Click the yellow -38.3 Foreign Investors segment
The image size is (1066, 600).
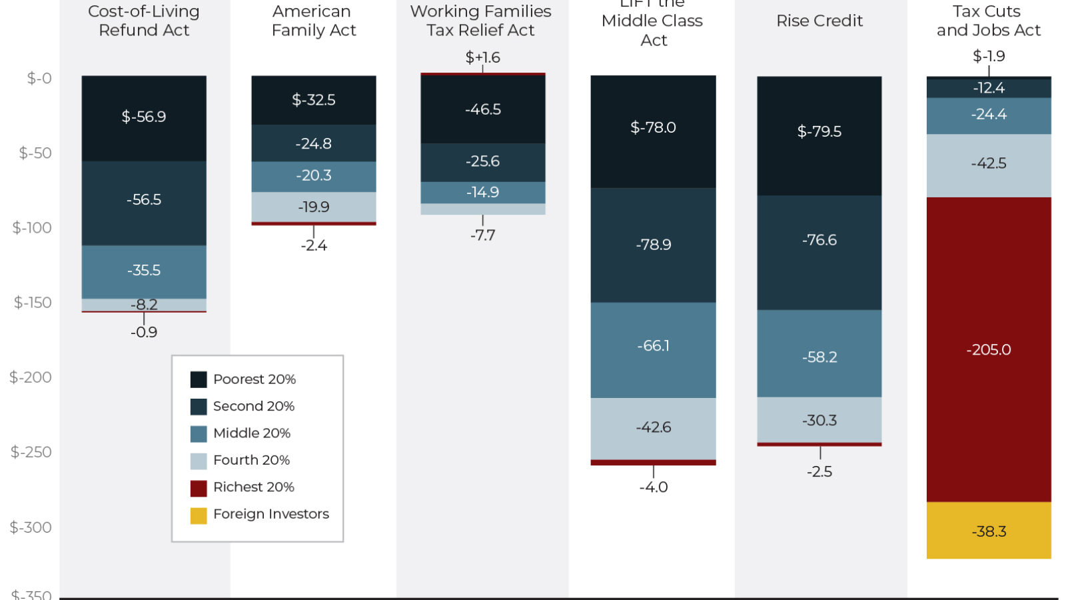[x=989, y=531]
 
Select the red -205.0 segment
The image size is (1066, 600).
[x=989, y=349]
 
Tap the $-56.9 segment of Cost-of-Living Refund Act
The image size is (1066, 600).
[x=144, y=117]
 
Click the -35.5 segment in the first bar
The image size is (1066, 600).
[x=144, y=271]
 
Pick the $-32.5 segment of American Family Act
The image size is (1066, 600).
[x=314, y=100]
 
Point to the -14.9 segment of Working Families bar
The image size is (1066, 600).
[x=483, y=193]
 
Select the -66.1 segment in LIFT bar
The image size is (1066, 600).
[x=653, y=346]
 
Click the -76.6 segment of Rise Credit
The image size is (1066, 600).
[x=819, y=240]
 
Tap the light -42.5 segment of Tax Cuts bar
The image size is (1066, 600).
[x=989, y=164]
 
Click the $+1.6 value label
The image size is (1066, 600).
[x=483, y=57]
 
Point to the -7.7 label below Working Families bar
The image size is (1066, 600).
[x=483, y=235]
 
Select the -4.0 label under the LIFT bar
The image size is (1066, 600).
[x=654, y=487]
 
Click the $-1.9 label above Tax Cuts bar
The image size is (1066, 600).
[x=989, y=56]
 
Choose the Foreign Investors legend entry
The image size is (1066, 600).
[x=270, y=514]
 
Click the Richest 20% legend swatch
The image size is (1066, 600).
[x=199, y=488]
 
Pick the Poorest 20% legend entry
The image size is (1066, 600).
[x=254, y=379]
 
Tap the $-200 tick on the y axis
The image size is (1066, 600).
[x=31, y=377]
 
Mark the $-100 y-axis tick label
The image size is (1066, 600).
[x=32, y=228]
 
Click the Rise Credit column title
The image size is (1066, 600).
[x=819, y=21]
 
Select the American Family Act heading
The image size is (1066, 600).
[x=314, y=21]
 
